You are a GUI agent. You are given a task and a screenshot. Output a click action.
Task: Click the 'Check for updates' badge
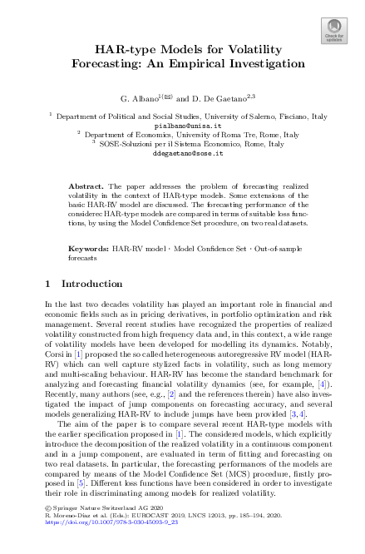333,32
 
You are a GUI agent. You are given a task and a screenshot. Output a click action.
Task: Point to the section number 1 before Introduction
48,284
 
